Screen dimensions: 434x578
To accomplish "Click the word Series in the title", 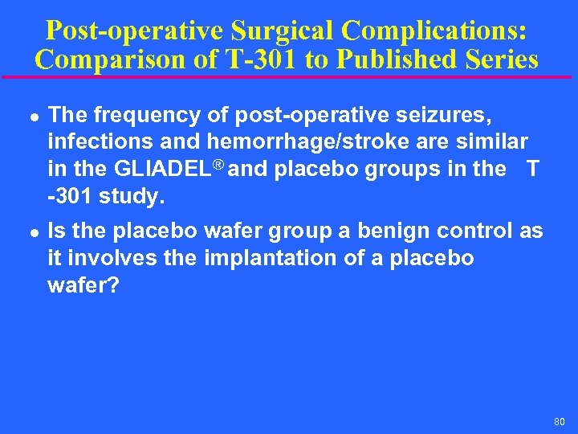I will [499, 59].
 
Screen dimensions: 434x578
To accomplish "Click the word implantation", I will [270, 258].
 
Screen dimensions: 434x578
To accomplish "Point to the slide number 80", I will [559, 420].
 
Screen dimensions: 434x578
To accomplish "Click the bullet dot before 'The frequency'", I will [29, 117].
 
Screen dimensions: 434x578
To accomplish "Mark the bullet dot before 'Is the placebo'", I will [29, 233].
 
